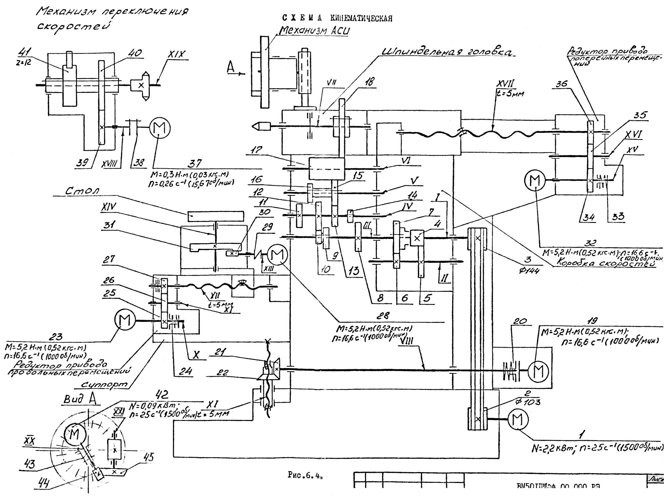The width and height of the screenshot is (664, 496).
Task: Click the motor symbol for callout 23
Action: (125, 320)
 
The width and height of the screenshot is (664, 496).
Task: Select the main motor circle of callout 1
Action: (517, 420)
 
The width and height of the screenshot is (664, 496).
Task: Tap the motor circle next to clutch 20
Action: (538, 370)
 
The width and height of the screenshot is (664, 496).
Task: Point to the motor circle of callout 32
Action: (535, 180)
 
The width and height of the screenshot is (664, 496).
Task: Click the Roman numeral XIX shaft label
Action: (177, 55)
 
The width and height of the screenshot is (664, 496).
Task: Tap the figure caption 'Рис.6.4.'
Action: (305, 475)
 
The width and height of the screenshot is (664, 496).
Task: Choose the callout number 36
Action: (561, 84)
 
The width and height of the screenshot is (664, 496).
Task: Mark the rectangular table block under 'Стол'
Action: (215, 216)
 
